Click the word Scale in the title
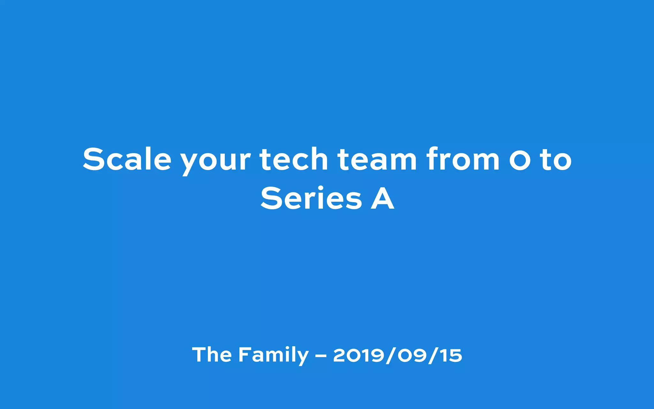[127, 159]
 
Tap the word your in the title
[215, 161]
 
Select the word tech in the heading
[293, 159]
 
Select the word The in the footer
[212, 355]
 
